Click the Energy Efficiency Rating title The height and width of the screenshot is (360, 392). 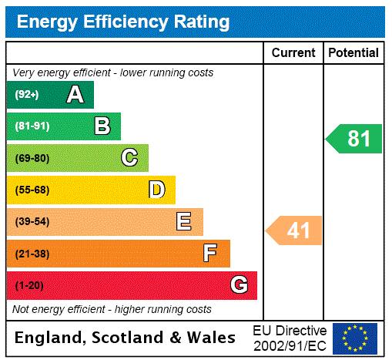pos(123,22)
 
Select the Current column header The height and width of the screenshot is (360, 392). pos(293,52)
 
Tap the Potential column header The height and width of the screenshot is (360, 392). pos(353,52)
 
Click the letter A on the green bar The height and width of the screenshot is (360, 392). pos(75,95)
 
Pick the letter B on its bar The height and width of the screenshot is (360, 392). pos(102,126)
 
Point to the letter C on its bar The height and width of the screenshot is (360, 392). pos(129,158)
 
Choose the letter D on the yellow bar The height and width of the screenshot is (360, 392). pos(156,190)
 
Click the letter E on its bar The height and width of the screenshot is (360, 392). pos(183,222)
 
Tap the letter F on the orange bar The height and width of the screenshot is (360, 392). pos(209,253)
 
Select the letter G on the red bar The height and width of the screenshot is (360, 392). pos(239,285)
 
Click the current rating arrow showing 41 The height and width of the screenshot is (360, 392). pos(294,230)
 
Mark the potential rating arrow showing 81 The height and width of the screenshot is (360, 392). pos(354,139)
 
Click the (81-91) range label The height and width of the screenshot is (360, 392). pos(32,126)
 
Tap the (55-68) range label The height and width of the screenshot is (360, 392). pos(32,190)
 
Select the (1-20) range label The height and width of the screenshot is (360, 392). pos(29,286)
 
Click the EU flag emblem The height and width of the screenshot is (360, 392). pos(355,338)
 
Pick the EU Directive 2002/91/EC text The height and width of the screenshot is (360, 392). pos(290,338)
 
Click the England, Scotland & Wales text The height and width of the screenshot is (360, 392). pos(126,338)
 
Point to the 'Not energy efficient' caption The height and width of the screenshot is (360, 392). pos(112,309)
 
